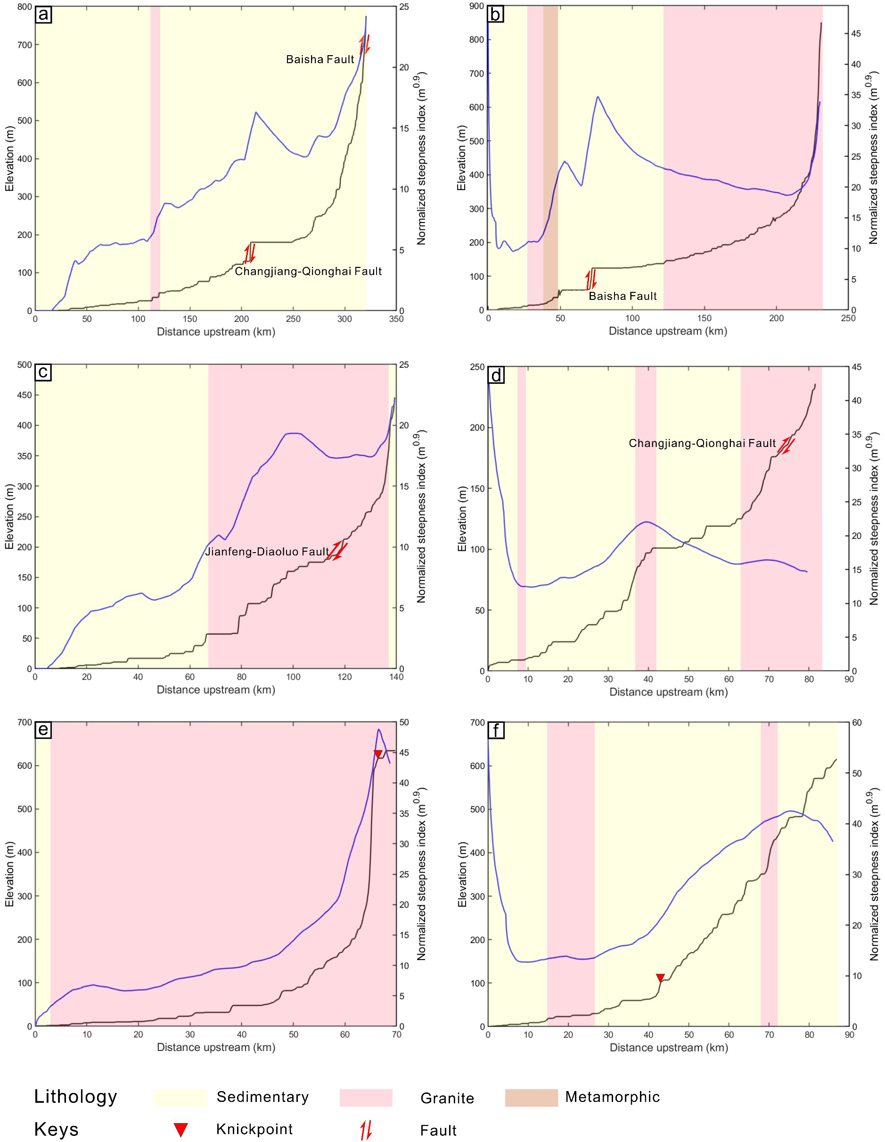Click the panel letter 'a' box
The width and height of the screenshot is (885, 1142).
coord(43,14)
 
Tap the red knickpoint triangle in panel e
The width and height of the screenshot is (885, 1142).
coord(378,753)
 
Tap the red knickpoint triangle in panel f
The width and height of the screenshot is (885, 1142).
coord(660,978)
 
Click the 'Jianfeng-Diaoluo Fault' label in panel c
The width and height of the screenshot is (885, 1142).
coord(267,552)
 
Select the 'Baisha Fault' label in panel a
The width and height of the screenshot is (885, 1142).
coord(320,59)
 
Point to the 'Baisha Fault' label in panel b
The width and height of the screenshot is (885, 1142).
coord(623,297)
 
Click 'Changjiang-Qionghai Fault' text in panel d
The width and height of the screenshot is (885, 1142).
coord(702,443)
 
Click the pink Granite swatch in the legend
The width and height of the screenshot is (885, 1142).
coord(366,1098)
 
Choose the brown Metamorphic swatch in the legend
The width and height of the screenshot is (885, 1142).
coord(531,1098)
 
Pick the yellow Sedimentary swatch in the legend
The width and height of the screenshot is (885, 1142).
coord(180,1098)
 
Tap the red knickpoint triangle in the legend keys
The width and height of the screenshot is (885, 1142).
coord(180,1129)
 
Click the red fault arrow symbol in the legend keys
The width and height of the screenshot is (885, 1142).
coord(365,1130)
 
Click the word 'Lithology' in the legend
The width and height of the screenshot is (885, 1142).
coord(76,1097)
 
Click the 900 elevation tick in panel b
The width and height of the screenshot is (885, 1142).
coord(477,6)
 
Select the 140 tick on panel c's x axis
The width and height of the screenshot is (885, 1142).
coord(396,677)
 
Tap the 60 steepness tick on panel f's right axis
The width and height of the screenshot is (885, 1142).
coord(857,723)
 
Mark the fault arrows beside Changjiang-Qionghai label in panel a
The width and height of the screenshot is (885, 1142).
coord(249,253)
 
